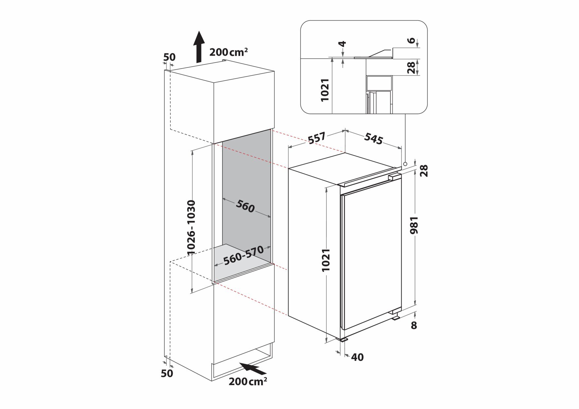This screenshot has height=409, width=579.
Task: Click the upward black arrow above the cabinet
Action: [x=199, y=46]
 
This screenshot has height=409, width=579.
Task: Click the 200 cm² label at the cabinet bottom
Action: [x=248, y=381]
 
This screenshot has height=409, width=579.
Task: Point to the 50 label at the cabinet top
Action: [x=169, y=57]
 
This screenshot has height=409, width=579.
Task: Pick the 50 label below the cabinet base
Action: [x=167, y=373]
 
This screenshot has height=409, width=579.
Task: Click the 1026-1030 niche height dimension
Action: [x=191, y=227]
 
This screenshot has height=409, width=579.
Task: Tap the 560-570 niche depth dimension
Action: [x=243, y=255]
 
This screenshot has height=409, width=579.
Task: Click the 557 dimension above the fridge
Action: [x=317, y=138]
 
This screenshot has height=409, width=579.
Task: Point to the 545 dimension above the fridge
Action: [x=373, y=139]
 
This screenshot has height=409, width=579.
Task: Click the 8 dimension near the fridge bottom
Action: [x=414, y=325]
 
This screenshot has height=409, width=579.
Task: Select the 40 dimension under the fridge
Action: [x=357, y=357]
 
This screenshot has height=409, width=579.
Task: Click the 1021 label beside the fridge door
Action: [x=326, y=260]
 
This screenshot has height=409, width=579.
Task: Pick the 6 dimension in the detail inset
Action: [x=412, y=41]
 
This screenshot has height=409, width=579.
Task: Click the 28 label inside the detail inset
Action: [x=411, y=67]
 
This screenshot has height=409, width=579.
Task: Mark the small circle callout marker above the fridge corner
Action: [x=405, y=164]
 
